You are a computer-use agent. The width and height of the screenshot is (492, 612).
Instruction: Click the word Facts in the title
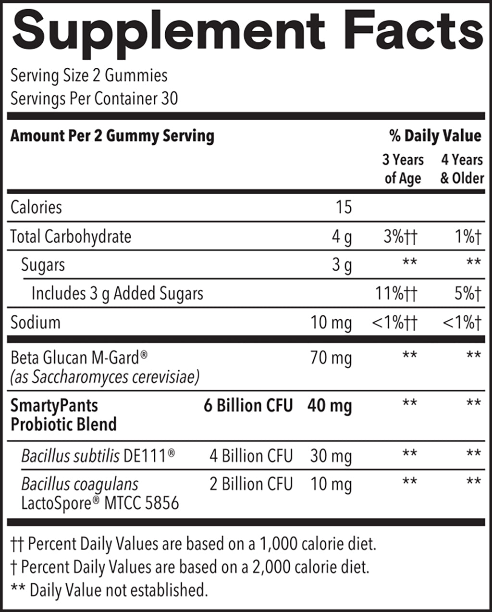(413, 30)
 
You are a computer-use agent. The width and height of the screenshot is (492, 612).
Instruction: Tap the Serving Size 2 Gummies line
(89, 75)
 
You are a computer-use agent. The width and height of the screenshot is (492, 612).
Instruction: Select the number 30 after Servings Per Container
(169, 99)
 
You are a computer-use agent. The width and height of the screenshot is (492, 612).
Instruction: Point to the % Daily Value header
(435, 136)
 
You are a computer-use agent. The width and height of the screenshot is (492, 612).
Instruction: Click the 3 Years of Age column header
(403, 169)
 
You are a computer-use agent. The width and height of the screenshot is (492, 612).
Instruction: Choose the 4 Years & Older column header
(462, 169)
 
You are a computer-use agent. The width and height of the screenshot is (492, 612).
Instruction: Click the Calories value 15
(344, 207)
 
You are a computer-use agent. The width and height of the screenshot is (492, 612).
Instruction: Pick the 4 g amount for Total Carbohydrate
(342, 237)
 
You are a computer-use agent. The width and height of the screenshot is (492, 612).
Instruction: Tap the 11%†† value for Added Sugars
(396, 293)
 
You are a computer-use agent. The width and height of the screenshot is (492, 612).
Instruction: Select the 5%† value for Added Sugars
(467, 293)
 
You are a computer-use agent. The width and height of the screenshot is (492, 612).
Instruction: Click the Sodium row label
(36, 322)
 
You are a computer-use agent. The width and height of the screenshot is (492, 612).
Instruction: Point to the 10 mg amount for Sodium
(331, 322)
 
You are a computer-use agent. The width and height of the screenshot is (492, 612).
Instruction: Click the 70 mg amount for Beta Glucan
(331, 358)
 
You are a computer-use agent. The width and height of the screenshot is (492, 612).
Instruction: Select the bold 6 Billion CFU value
(248, 406)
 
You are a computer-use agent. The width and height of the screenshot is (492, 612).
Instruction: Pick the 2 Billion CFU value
(251, 484)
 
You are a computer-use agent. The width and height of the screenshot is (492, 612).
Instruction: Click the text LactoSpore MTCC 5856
(100, 503)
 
